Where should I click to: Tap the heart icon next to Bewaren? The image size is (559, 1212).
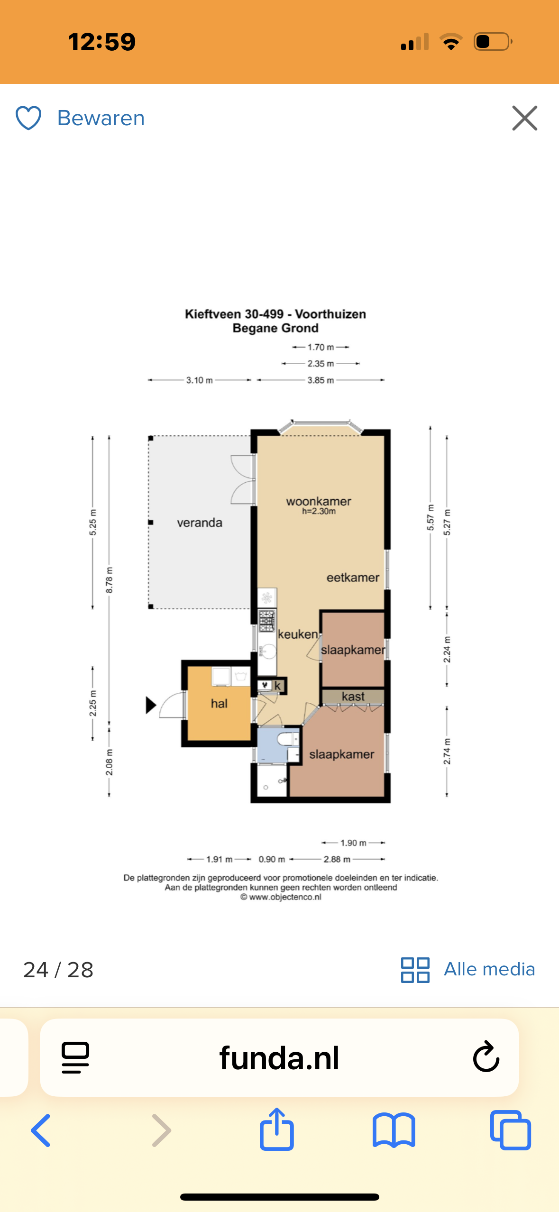pyautogui.click(x=28, y=118)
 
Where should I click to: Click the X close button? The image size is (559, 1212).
pyautogui.click(x=524, y=118)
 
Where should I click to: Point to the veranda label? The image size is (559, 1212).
pyautogui.click(x=200, y=523)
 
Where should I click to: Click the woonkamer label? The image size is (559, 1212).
pyautogui.click(x=319, y=501)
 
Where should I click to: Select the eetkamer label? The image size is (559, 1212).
pyautogui.click(x=353, y=578)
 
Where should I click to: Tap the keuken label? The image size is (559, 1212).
pyautogui.click(x=298, y=634)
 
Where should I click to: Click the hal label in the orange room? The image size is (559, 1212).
pyautogui.click(x=219, y=704)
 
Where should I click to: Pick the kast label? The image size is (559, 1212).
pyautogui.click(x=353, y=696)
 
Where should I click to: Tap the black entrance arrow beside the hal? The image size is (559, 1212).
pyautogui.click(x=151, y=705)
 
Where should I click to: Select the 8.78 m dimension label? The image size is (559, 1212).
pyautogui.click(x=109, y=580)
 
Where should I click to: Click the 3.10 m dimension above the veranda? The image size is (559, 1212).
pyautogui.click(x=199, y=380)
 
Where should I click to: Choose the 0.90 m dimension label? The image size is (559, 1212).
pyautogui.click(x=272, y=859)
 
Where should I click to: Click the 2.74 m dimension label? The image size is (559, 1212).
pyautogui.click(x=447, y=751)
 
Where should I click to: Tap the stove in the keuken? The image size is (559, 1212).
pyautogui.click(x=266, y=621)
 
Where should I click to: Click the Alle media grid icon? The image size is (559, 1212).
pyautogui.click(x=415, y=970)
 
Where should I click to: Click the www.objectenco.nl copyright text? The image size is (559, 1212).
pyautogui.click(x=281, y=897)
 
